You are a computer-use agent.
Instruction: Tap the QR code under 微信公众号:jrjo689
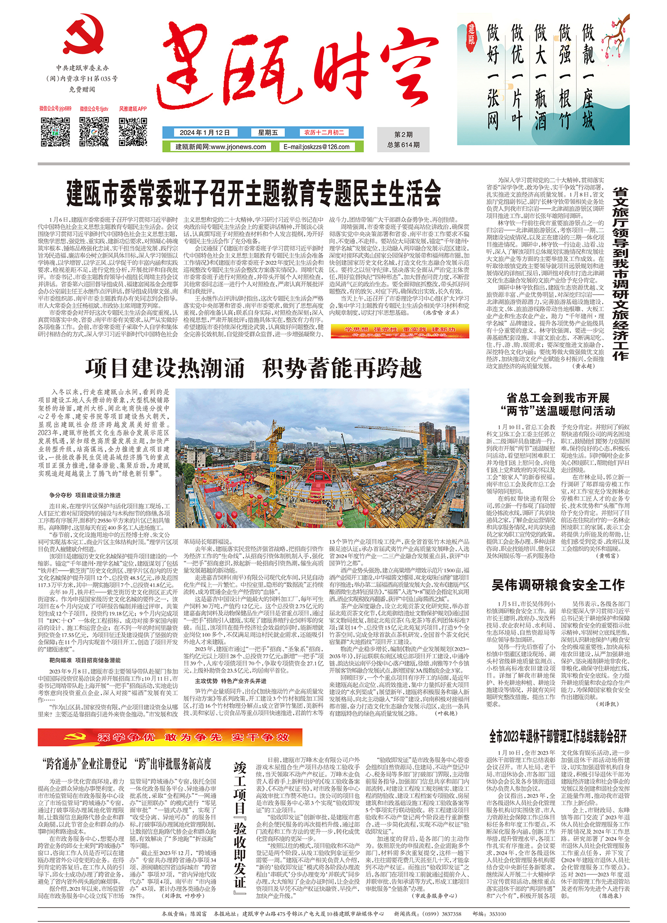55,131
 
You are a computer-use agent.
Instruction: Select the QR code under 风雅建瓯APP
132,131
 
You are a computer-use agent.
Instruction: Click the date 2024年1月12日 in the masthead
205,133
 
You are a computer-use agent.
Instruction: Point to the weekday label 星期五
268,133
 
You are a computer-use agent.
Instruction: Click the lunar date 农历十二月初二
324,133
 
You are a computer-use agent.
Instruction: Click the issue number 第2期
403,135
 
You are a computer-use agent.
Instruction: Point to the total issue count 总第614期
403,145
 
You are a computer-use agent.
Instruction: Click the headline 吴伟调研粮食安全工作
558,586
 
